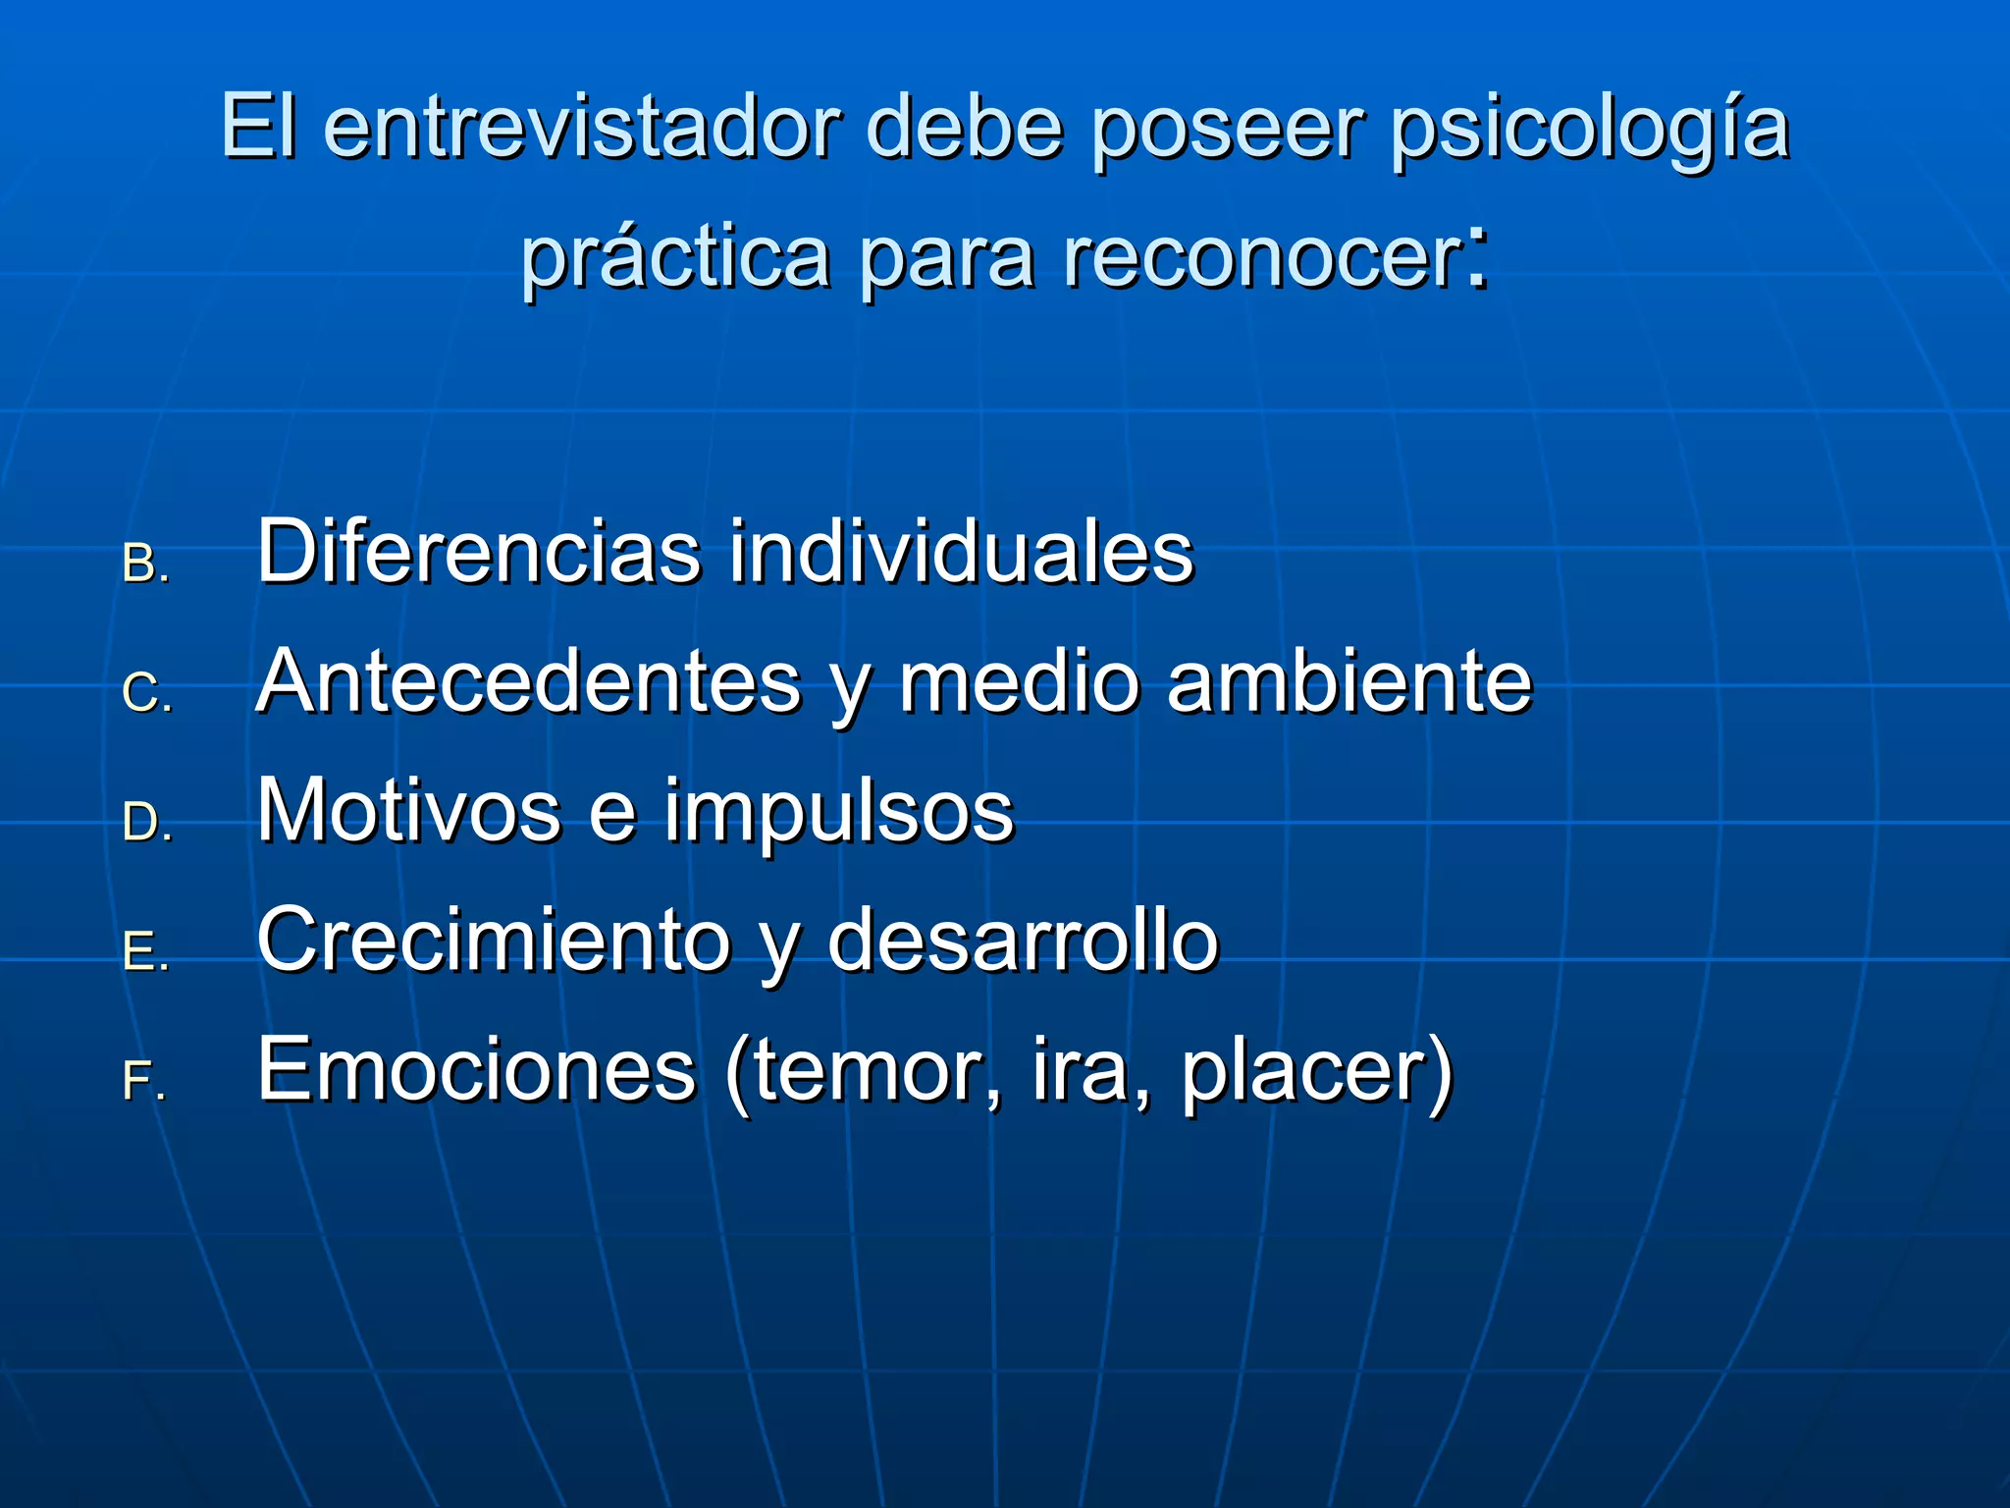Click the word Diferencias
coord(479,552)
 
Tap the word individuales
coord(961,552)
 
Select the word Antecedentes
coord(529,681)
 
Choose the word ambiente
coord(1349,681)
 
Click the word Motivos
coord(409,811)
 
